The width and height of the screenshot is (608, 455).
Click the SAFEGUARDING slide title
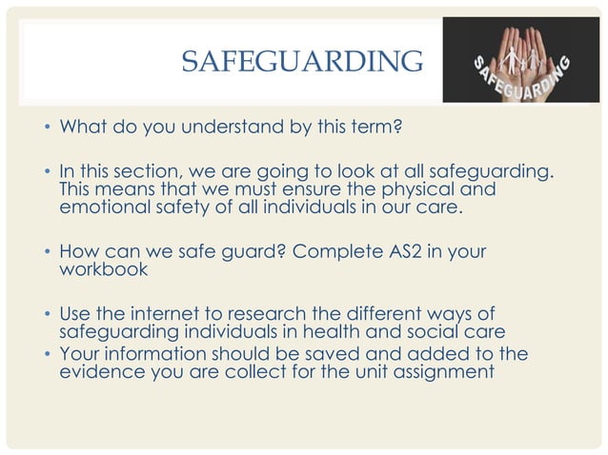coord(302,63)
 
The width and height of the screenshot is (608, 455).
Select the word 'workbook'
coord(103,270)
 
